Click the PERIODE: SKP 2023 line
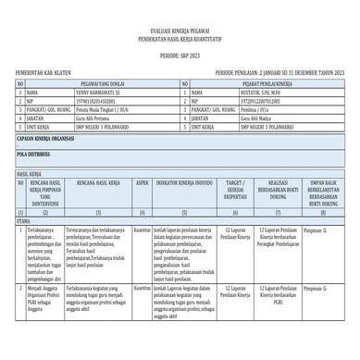click(x=180, y=56)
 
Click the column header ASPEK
click(x=142, y=184)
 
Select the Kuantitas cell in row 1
click(x=142, y=228)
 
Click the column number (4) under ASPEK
click(x=142, y=212)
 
